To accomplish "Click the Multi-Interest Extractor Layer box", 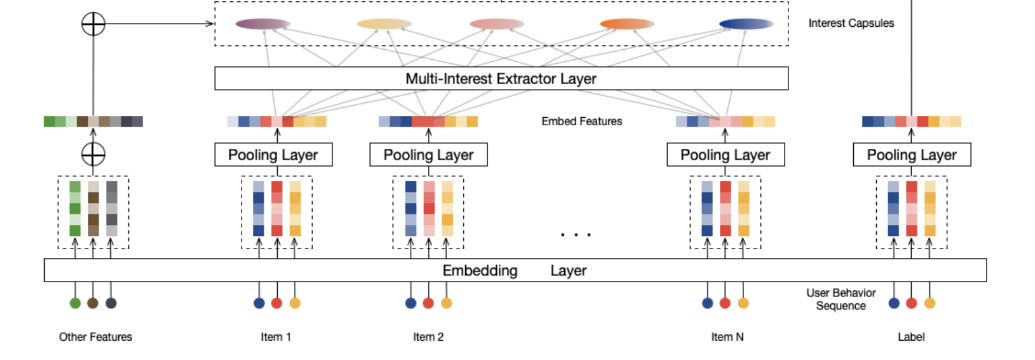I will pyautogui.click(x=501, y=78).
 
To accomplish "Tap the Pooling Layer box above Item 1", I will pyautogui.click(x=273, y=154).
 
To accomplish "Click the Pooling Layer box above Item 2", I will pyautogui.click(x=428, y=154).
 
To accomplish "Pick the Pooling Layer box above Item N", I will pyautogui.click(x=725, y=154).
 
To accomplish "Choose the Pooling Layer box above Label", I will pyautogui.click(x=912, y=154).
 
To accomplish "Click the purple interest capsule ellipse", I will pyautogui.click(x=263, y=24).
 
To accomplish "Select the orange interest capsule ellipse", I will pyautogui.click(x=627, y=24).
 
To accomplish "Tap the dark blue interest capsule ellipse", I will pyautogui.click(x=746, y=24).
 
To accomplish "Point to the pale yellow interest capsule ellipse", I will pyautogui.click(x=384, y=24).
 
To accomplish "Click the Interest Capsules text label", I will pyautogui.click(x=851, y=23).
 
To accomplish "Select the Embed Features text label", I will pyautogui.click(x=582, y=121).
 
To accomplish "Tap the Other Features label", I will pyautogui.click(x=95, y=337).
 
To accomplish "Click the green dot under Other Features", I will pyautogui.click(x=75, y=303).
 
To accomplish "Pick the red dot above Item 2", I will pyautogui.click(x=428, y=303).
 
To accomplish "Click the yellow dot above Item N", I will pyautogui.click(x=743, y=303).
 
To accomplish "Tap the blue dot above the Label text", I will pyautogui.click(x=894, y=303).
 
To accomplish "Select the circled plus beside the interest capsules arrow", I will pyautogui.click(x=93, y=24).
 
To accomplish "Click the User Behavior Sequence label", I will pyautogui.click(x=841, y=299).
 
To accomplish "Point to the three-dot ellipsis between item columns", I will pyautogui.click(x=575, y=235).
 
